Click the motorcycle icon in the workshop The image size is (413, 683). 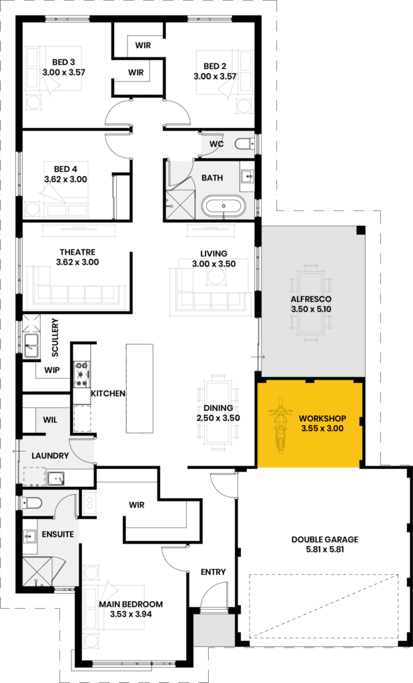(280, 424)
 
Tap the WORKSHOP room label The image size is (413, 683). (322, 419)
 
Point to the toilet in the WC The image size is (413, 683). (243, 143)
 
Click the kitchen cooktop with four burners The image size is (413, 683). (81, 374)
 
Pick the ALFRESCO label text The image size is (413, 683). (311, 299)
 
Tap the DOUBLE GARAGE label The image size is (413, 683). (325, 539)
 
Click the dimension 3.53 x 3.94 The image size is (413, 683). (131, 614)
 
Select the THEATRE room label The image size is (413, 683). (77, 252)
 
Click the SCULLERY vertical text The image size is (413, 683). (55, 337)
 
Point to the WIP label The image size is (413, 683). (52, 370)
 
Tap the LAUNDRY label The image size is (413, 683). (50, 456)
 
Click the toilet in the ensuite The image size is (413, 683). (32, 503)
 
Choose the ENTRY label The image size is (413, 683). (213, 572)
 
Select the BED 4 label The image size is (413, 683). (65, 169)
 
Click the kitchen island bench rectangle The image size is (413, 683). (139, 388)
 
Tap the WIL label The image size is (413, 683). (50, 420)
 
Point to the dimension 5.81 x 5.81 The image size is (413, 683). (325, 550)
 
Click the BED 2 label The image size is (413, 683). (215, 66)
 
